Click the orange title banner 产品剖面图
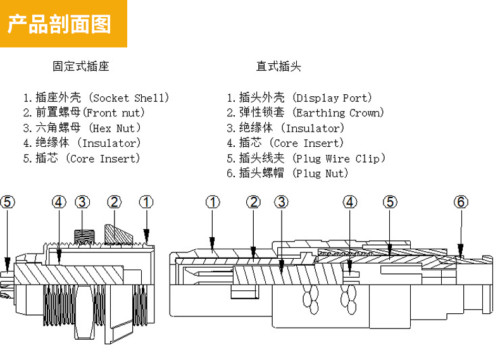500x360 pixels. (x=63, y=23)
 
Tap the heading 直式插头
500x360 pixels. (x=278, y=66)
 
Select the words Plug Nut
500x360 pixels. (x=322, y=174)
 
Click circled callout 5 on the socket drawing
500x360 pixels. (x=7, y=202)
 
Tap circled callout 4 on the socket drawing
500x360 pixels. (x=59, y=202)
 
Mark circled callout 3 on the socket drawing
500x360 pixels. (x=82, y=202)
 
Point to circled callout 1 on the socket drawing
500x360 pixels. (x=146, y=202)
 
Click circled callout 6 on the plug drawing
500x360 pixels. (x=461, y=202)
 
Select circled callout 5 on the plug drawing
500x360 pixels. (x=391, y=202)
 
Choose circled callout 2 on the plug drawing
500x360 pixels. (x=253, y=202)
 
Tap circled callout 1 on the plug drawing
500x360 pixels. (x=213, y=202)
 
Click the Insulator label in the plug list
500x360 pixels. (x=313, y=128)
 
